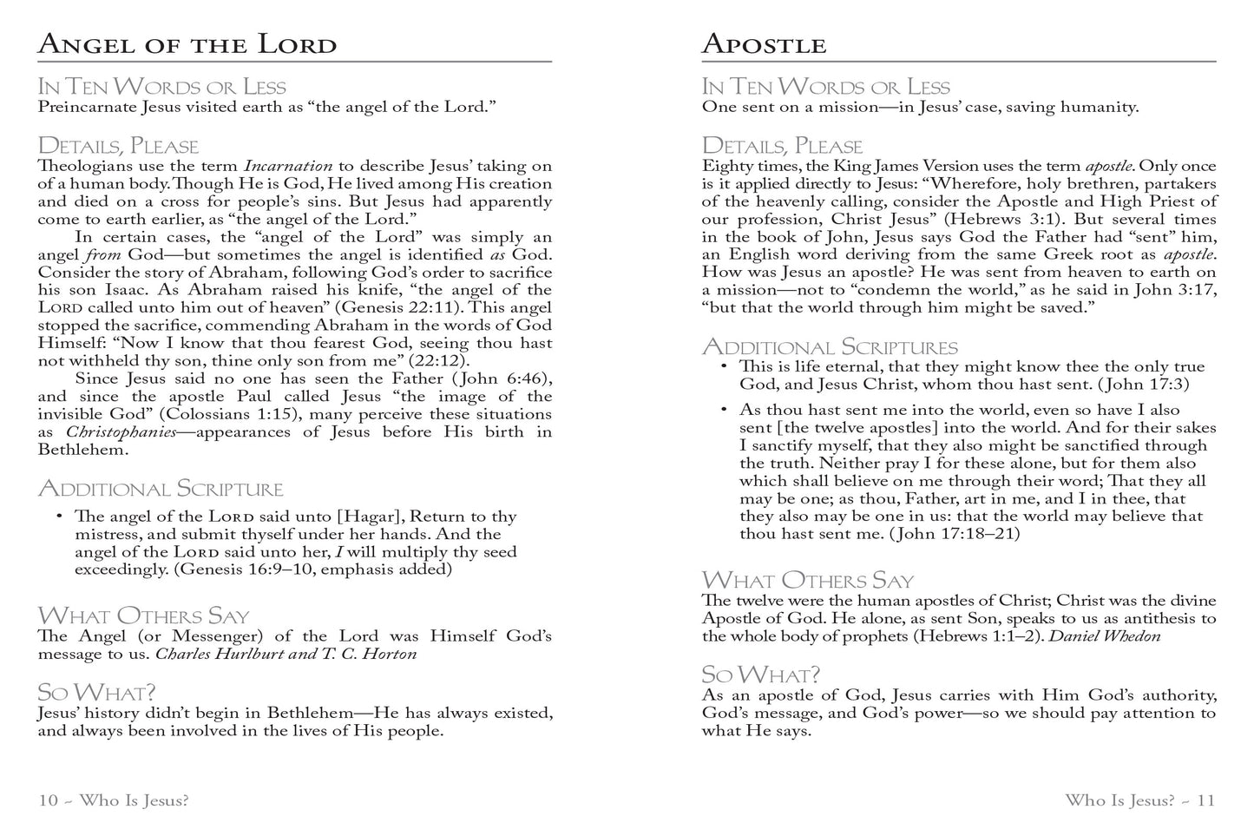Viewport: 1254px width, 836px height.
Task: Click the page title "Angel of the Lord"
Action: (187, 44)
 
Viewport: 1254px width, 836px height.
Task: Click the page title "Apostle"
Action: (763, 44)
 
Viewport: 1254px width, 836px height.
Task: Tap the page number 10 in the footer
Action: (48, 800)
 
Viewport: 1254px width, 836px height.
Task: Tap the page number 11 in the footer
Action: (1205, 800)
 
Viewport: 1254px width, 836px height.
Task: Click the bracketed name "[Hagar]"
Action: (371, 517)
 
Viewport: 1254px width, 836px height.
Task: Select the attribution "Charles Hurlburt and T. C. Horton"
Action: (286, 654)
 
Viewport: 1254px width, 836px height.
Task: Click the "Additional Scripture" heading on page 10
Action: (161, 489)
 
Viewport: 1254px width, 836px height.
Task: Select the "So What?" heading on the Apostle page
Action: (760, 675)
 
